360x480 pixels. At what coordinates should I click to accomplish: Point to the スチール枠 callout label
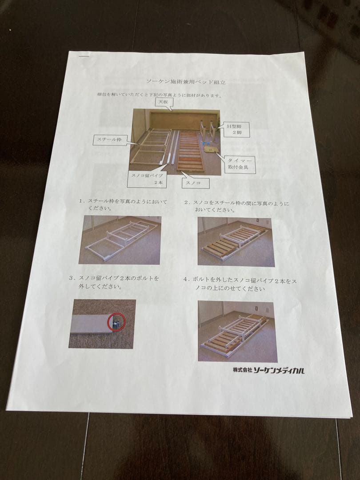pyautogui.click(x=109, y=140)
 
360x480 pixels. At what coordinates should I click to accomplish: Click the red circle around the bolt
pyautogui.click(x=116, y=322)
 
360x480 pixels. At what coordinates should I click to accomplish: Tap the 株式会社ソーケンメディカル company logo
pyautogui.click(x=269, y=370)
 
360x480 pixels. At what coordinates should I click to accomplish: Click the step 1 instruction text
pyautogui.click(x=123, y=204)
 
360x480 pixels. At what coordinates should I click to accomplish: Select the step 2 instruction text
pyautogui.click(x=236, y=206)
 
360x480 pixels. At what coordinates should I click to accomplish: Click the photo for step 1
pyautogui.click(x=120, y=240)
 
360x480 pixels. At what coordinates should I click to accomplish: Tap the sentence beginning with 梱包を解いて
pyautogui.click(x=160, y=95)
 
